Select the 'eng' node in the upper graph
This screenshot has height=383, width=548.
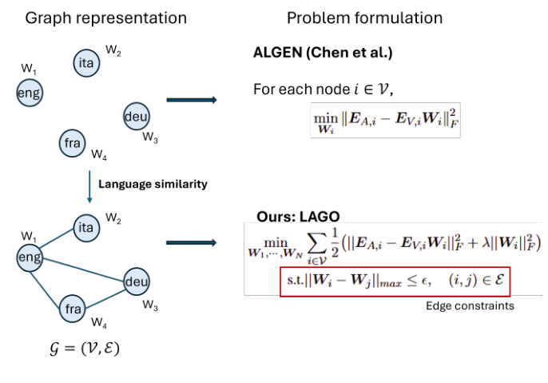30,94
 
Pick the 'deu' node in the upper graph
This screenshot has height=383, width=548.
136,116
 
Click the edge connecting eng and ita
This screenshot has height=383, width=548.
58,241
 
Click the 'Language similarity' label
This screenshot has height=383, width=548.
152,184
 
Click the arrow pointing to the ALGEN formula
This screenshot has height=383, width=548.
192,100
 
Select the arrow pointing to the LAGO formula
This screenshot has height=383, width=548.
192,242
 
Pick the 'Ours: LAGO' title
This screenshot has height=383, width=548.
298,217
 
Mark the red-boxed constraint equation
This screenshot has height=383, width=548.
395,281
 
